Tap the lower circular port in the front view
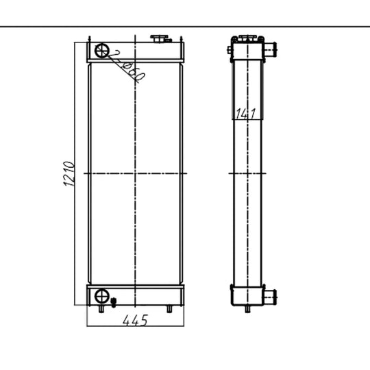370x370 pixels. pos(103,296)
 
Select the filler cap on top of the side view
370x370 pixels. pos(247,37)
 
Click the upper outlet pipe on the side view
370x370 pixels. pos(272,49)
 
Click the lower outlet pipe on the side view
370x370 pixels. pos(272,296)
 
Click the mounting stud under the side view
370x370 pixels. pos(247,310)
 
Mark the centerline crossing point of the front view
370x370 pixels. pos(136,174)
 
